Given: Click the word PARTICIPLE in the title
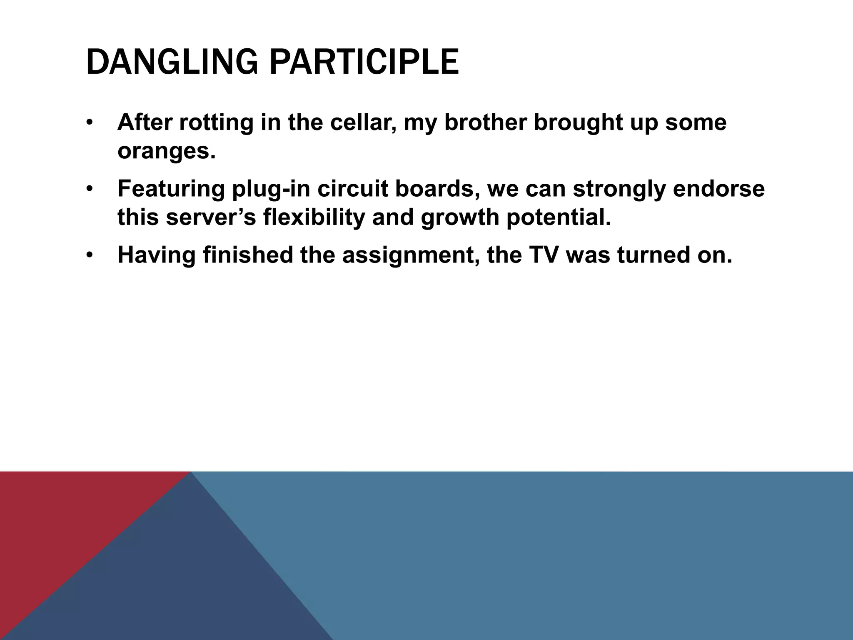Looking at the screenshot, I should tap(364, 62).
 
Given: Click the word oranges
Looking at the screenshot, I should tap(166, 152).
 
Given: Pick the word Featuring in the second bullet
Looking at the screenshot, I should tap(171, 189).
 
